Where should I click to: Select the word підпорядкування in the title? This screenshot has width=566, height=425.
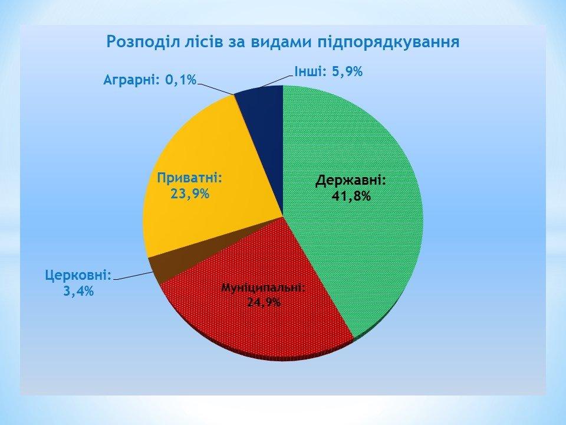tap(389, 42)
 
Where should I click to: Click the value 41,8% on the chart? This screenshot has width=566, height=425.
tap(351, 196)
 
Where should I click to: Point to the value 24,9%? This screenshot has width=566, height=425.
tap(264, 302)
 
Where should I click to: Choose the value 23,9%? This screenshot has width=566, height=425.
tap(190, 194)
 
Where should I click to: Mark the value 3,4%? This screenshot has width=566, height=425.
tap(78, 290)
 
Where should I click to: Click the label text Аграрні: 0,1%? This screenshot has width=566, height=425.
tap(150, 79)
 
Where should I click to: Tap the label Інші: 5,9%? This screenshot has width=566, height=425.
tap(328, 71)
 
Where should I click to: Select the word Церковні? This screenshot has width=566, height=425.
tap(78, 276)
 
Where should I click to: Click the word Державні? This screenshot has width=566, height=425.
tap(351, 180)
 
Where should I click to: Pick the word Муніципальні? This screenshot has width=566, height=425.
tap(264, 288)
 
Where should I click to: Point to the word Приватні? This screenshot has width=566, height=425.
tap(189, 178)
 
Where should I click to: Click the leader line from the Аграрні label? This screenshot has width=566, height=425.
tap(216, 89)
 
